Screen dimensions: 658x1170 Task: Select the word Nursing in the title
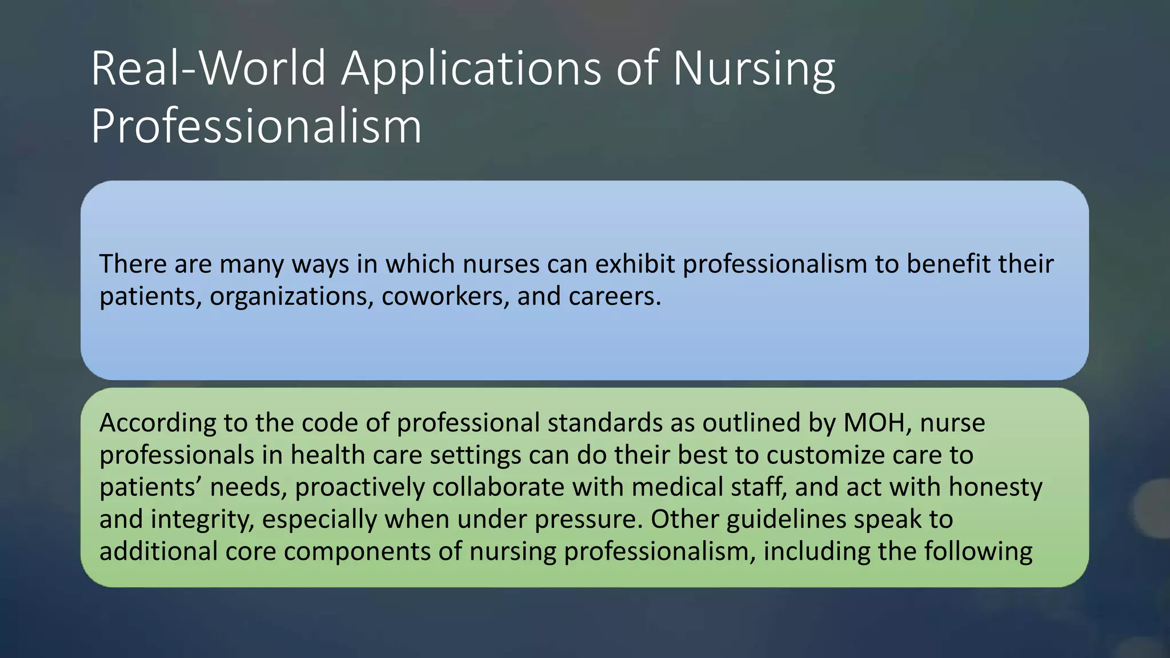click(754, 69)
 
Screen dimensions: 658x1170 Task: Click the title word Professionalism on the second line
click(256, 126)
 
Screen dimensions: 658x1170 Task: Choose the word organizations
click(291, 296)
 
